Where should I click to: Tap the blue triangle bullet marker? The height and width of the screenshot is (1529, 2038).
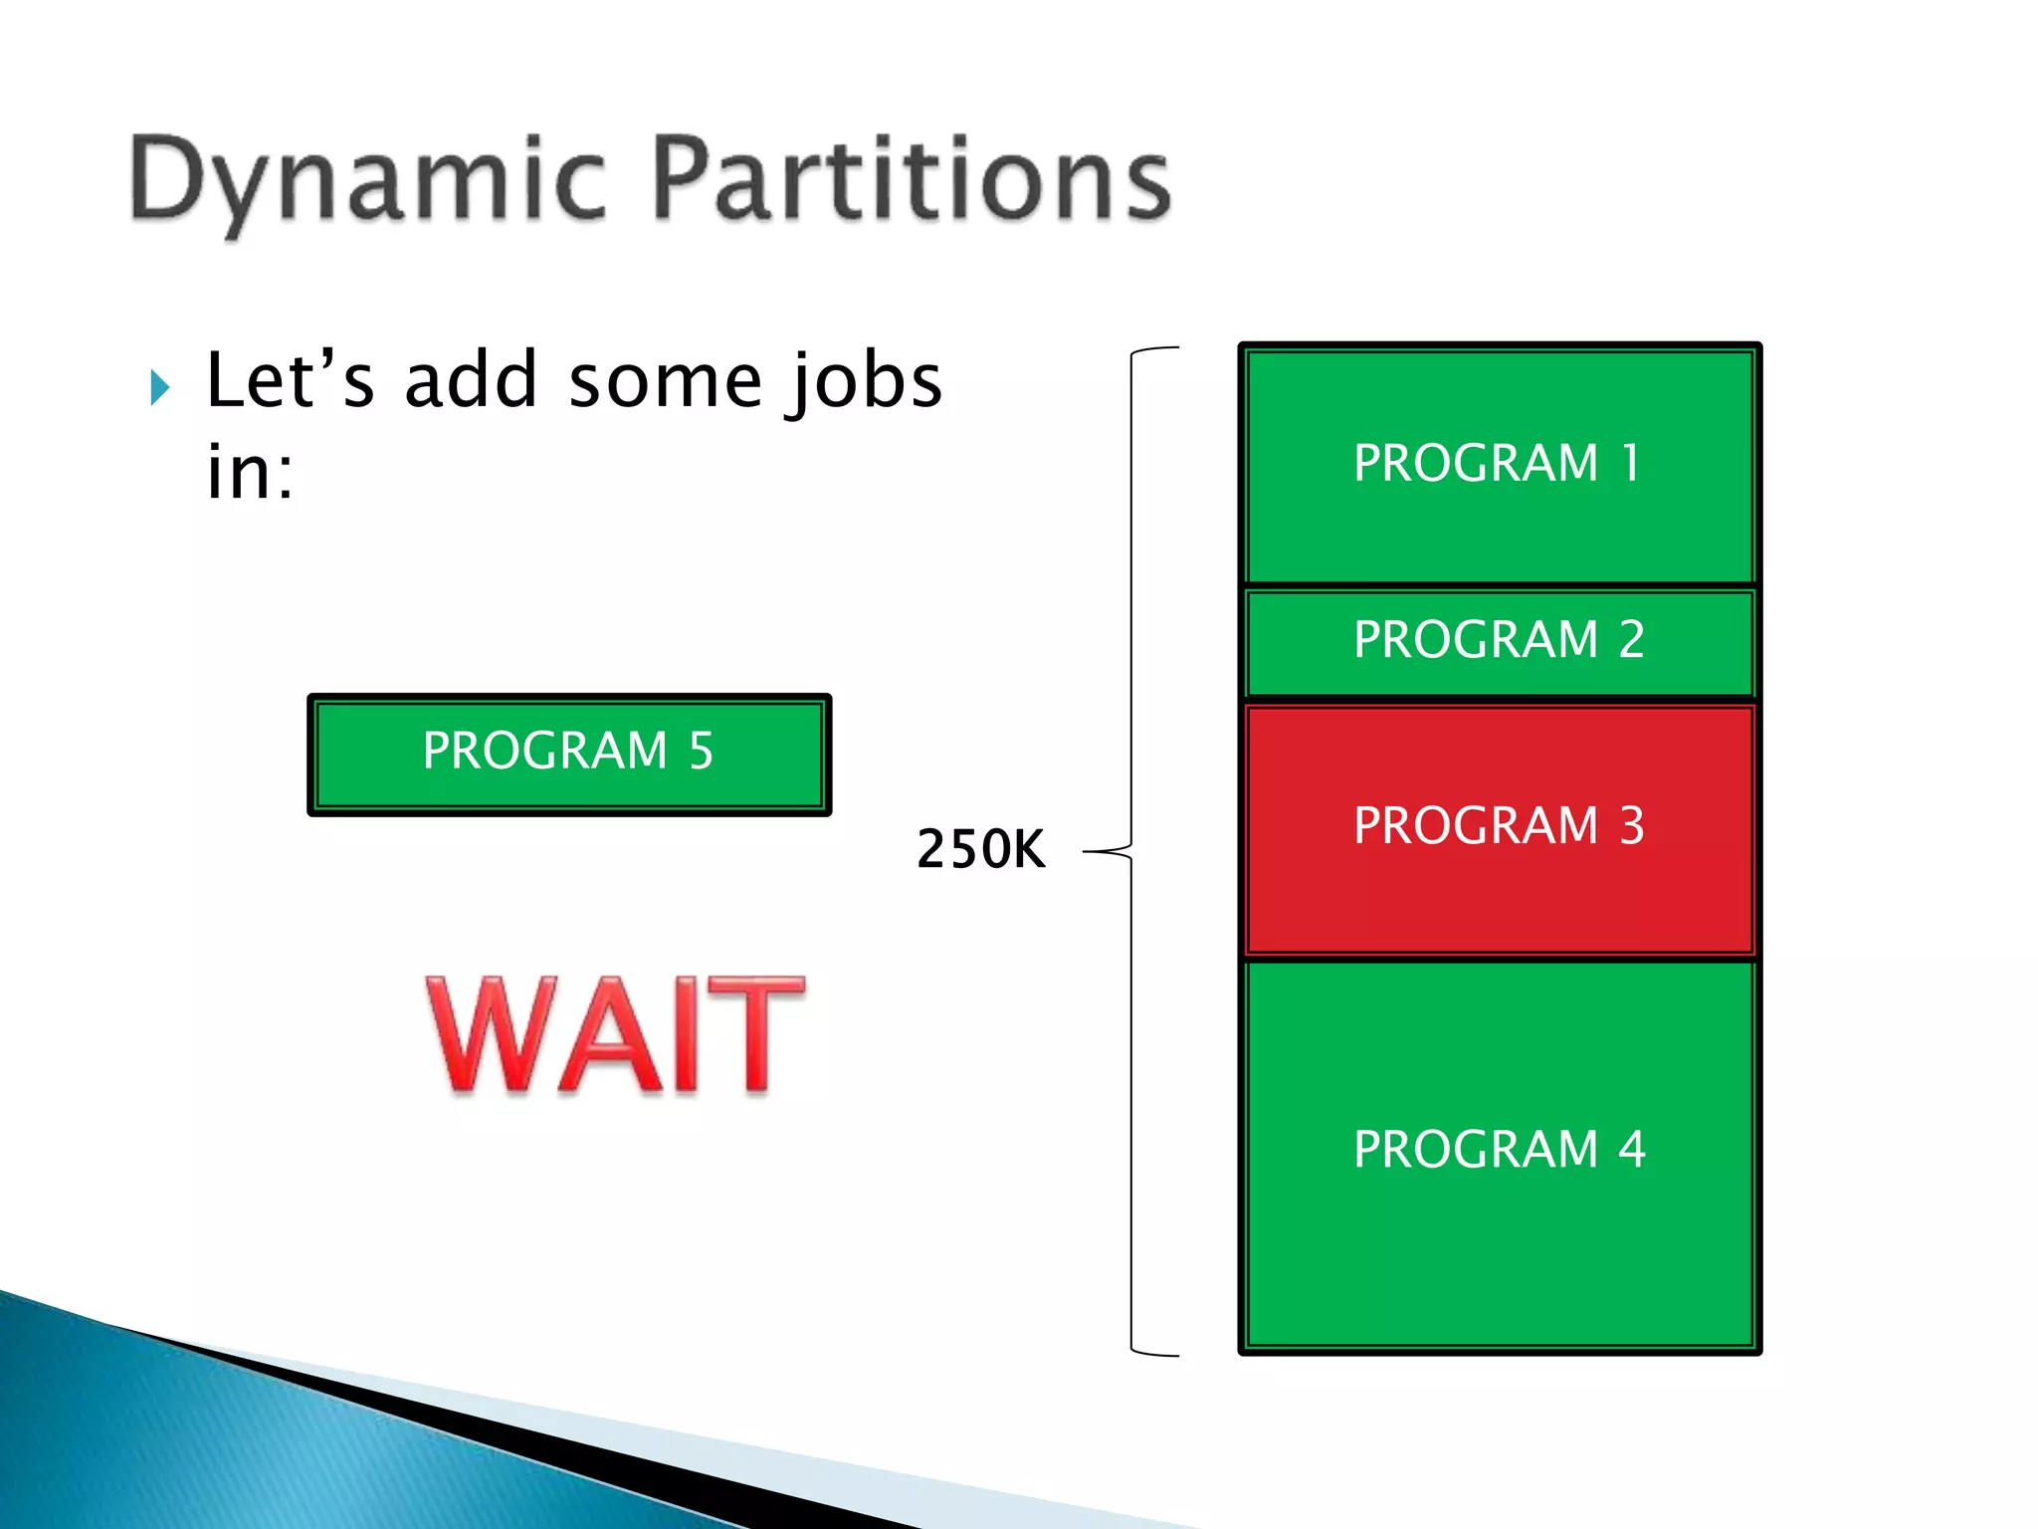click(x=160, y=387)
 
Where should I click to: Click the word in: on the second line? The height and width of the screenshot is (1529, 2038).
click(x=250, y=472)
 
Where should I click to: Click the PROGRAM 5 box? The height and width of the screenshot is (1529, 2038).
click(x=569, y=754)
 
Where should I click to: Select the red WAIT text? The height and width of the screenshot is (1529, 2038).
click(x=615, y=1035)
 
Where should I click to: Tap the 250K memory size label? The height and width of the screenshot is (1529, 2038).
click(x=980, y=849)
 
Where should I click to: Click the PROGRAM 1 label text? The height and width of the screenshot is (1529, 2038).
click(x=1498, y=463)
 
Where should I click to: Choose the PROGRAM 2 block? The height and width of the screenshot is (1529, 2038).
click(x=1499, y=640)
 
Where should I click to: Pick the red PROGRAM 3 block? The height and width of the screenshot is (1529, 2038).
click(x=1499, y=828)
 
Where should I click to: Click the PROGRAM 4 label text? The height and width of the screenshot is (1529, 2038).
click(x=1499, y=1150)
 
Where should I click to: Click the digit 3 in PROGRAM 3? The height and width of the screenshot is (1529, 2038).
click(x=1631, y=826)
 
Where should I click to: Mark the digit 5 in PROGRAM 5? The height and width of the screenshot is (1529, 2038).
click(x=701, y=751)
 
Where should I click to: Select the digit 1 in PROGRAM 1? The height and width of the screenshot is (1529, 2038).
click(x=1630, y=463)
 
